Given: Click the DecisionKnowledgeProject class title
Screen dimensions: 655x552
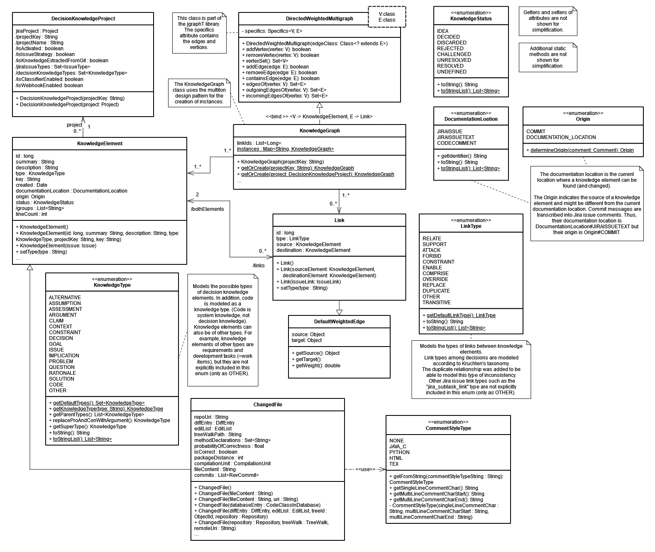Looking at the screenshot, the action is click(x=83, y=19).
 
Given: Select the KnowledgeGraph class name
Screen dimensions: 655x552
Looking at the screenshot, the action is click(x=319, y=131).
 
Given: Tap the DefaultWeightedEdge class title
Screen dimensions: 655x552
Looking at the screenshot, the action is click(x=339, y=322).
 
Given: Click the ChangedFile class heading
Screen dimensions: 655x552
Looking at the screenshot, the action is click(x=267, y=405).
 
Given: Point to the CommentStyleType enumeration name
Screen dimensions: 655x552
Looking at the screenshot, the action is click(x=448, y=428).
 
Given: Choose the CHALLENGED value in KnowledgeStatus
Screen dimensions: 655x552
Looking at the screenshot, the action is click(x=454, y=54).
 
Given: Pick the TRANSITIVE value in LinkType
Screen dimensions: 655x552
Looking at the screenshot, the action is click(x=436, y=303).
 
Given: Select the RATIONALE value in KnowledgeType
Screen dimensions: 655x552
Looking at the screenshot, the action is click(x=62, y=373).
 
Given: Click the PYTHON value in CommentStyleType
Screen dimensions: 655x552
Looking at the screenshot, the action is click(x=399, y=452).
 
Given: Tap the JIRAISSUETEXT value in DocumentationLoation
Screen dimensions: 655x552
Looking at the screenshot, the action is click(x=455, y=137).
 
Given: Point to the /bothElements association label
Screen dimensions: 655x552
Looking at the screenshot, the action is click(x=207, y=209).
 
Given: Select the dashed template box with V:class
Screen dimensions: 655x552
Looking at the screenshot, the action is click(x=387, y=17).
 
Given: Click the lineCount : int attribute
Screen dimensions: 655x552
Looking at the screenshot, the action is click(x=31, y=214).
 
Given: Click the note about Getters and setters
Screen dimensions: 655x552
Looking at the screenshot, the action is click(x=547, y=21).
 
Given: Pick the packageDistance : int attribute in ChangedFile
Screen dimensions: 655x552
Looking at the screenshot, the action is click(x=219, y=458).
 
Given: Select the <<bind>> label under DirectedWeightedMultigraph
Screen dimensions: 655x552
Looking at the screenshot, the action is click(x=319, y=117).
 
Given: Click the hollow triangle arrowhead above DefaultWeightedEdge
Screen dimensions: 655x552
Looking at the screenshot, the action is click(x=339, y=312).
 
